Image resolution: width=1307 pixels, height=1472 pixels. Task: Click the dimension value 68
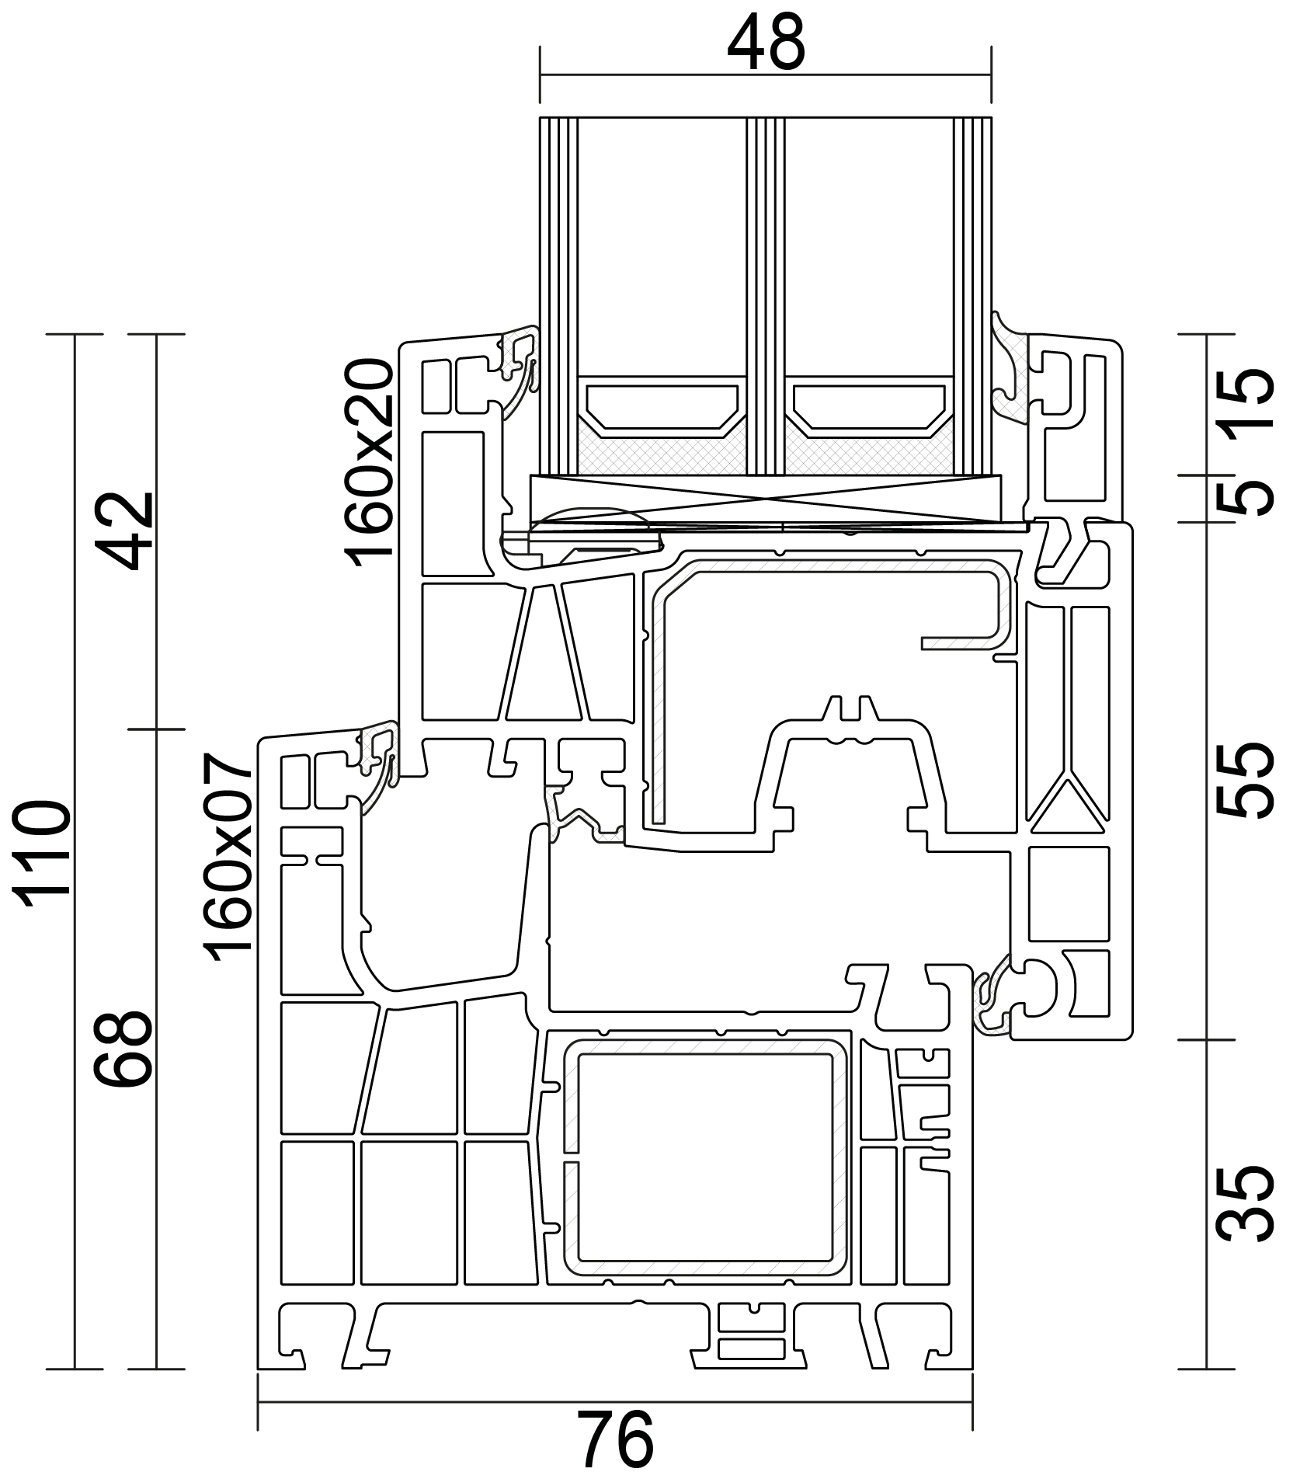[x=123, y=1049]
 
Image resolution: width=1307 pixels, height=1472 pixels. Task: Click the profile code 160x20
[x=368, y=464]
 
